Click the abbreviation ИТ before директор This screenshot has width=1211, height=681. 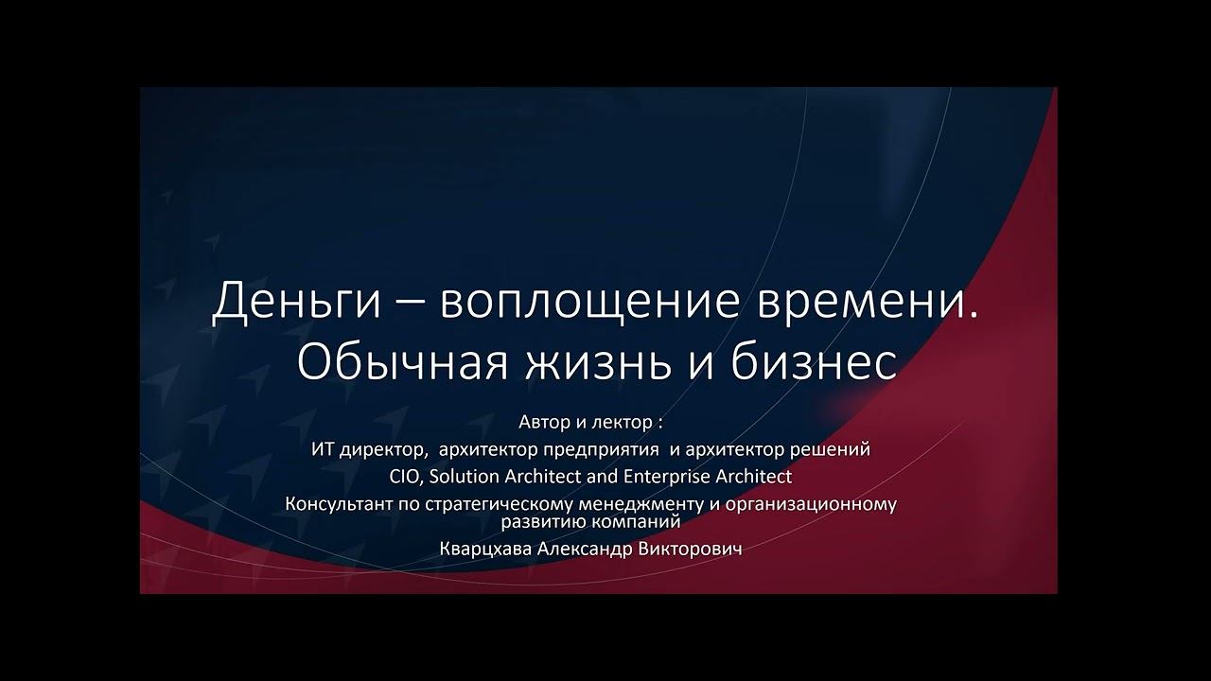pyautogui.click(x=323, y=449)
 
